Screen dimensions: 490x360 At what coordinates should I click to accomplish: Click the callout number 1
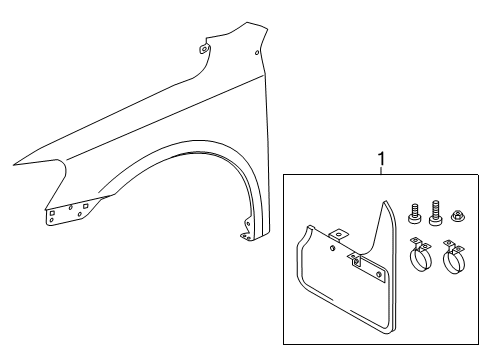[382, 159]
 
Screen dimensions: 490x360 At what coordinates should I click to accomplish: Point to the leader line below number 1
[382, 170]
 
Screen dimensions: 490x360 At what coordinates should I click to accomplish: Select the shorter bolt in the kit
[414, 213]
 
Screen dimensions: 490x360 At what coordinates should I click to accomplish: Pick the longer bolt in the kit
[435, 213]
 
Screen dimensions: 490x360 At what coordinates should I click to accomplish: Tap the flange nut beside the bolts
[456, 215]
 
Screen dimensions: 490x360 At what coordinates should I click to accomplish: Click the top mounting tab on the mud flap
[339, 235]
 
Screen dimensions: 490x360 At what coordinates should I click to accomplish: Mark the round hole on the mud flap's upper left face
[332, 248]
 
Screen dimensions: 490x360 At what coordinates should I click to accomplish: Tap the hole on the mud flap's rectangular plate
[379, 274]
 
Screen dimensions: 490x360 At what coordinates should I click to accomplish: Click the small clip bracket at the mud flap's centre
[355, 259]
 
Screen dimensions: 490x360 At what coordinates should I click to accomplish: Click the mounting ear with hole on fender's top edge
[204, 49]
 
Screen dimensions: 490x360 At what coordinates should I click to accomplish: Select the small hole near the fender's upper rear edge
[257, 53]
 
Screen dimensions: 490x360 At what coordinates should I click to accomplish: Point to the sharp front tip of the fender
[14, 165]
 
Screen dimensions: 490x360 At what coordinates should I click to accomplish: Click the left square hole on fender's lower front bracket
[52, 212]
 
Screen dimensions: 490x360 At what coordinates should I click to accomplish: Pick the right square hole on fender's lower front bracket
[86, 205]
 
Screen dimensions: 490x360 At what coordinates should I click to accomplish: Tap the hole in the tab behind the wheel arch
[247, 224]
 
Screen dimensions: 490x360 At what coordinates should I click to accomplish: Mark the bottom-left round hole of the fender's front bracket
[51, 220]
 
